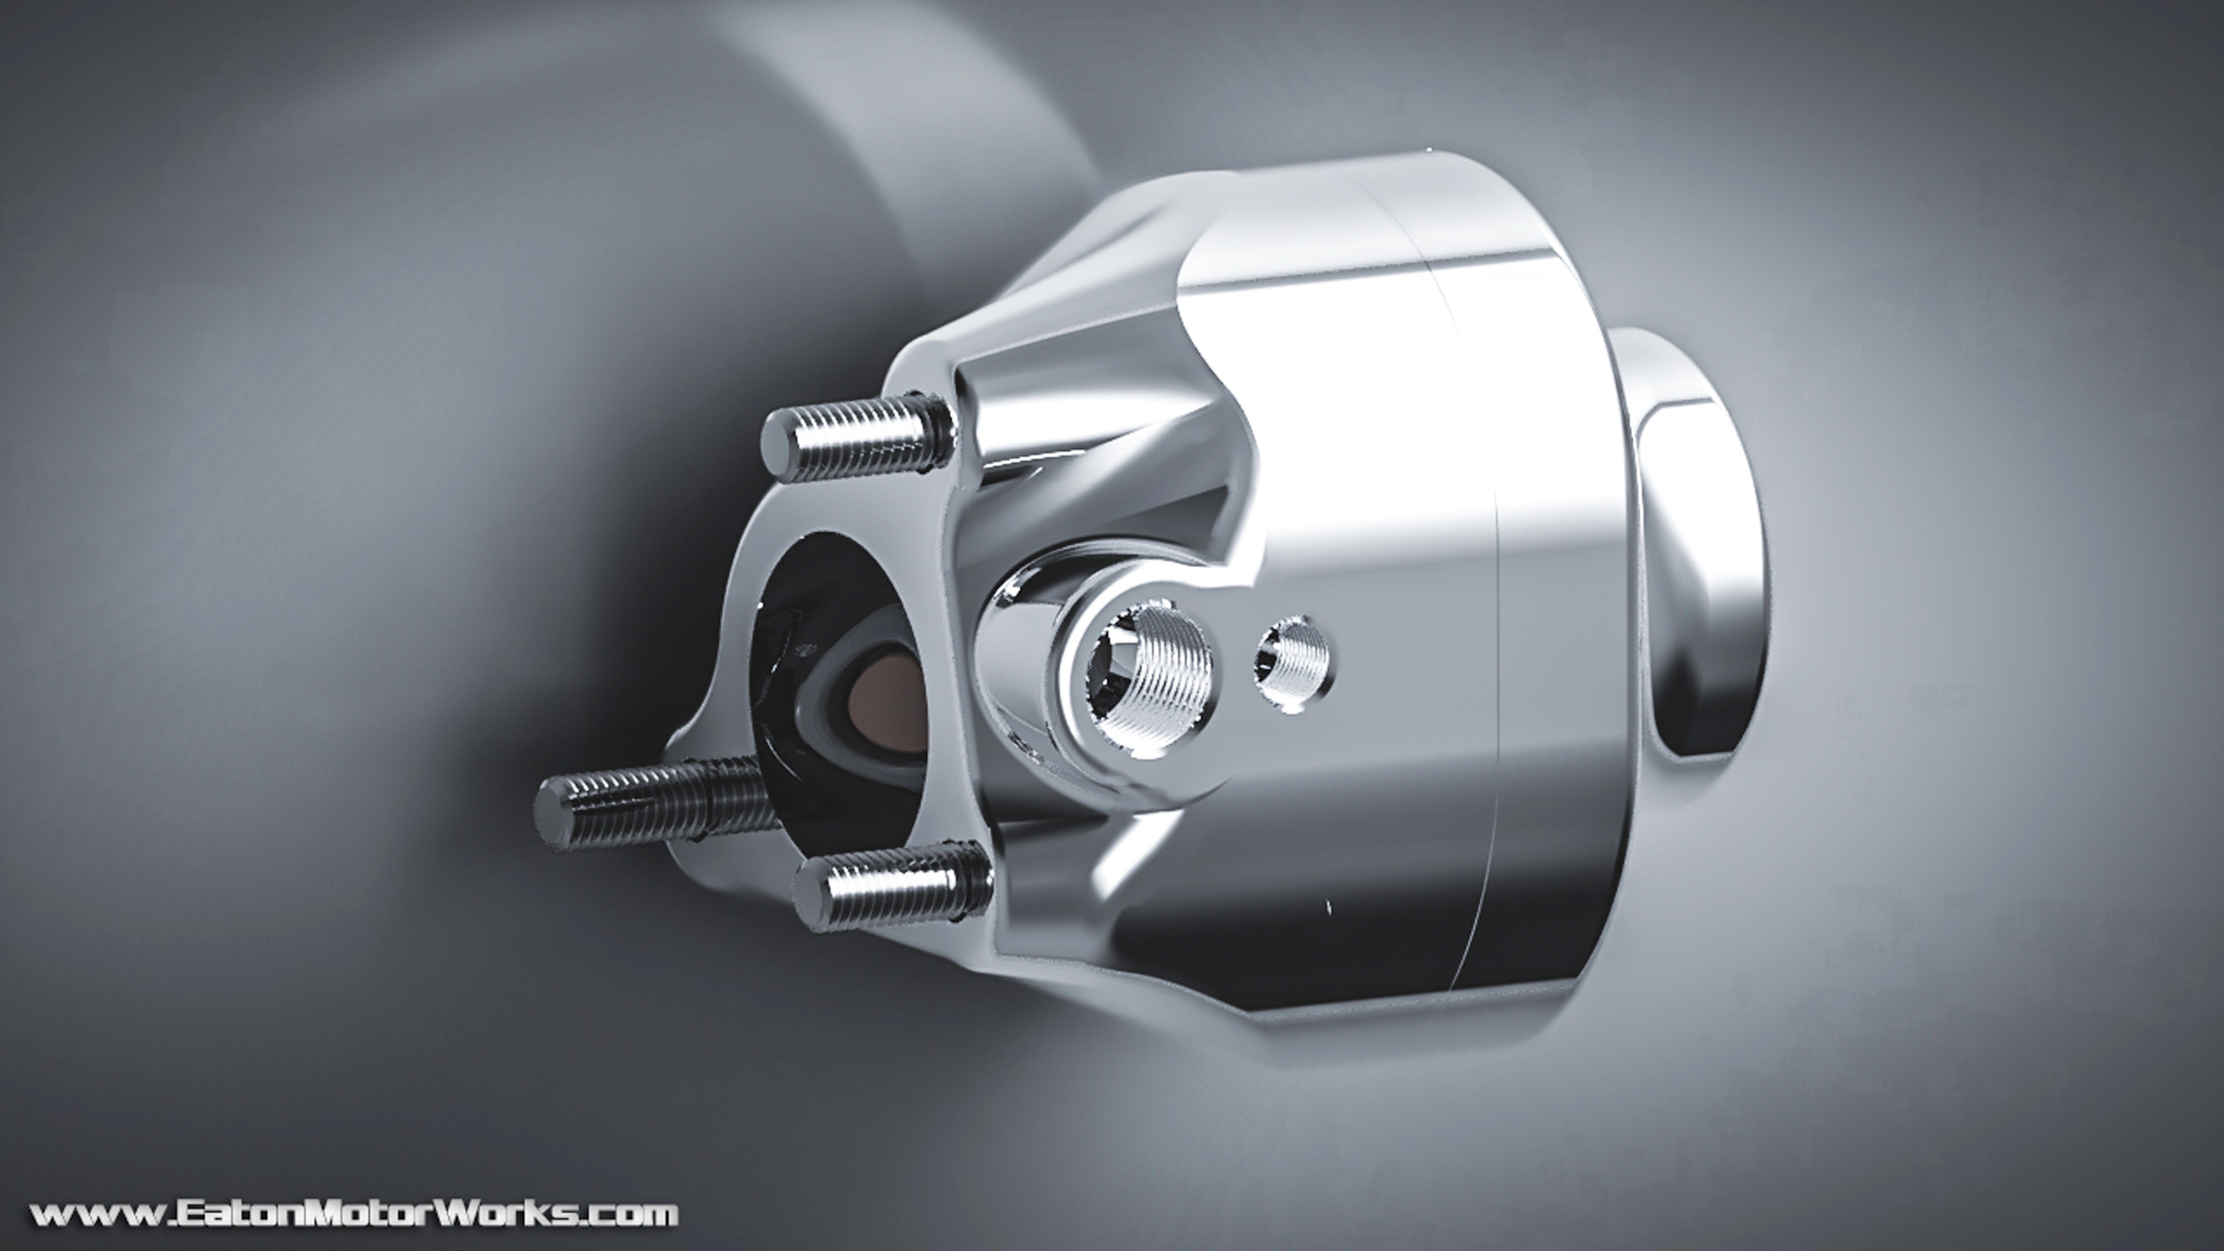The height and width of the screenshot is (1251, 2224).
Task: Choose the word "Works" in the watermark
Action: [502, 1214]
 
